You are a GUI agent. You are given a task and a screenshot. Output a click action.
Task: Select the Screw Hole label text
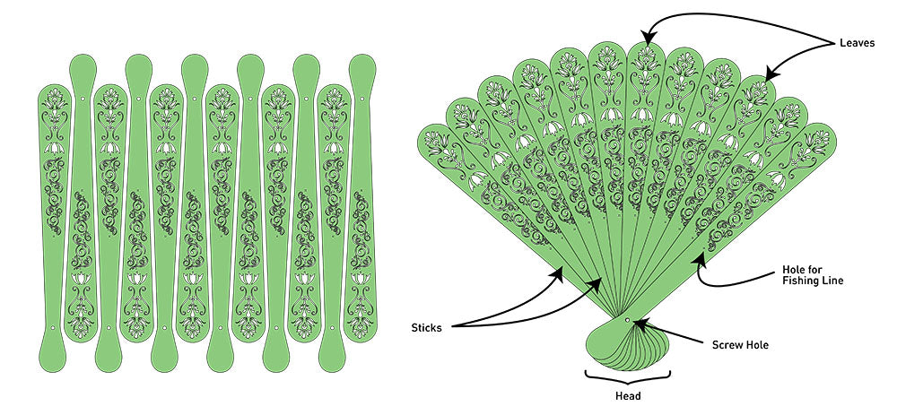coord(742,344)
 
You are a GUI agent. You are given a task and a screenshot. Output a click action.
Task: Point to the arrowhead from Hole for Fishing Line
coord(696,260)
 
